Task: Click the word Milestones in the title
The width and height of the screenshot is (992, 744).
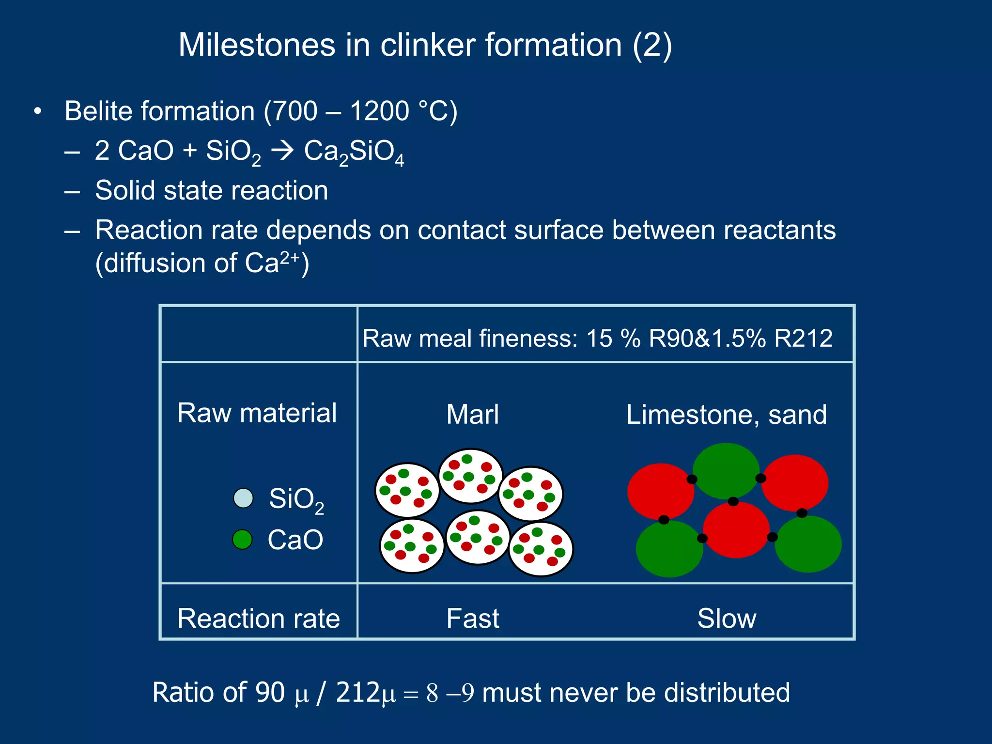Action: pyautogui.click(x=257, y=45)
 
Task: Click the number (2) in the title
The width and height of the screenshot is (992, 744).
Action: pyautogui.click(x=652, y=45)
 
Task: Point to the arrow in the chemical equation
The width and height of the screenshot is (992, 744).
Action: pyautogui.click(x=282, y=151)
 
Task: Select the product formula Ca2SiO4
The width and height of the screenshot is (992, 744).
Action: pyautogui.click(x=354, y=152)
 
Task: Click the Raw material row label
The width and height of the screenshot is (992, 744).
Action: pyautogui.click(x=257, y=413)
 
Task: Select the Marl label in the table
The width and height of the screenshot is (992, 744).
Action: pyautogui.click(x=472, y=415)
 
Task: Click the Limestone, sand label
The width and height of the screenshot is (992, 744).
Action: pyautogui.click(x=726, y=415)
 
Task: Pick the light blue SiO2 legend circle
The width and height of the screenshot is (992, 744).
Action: pyautogui.click(x=243, y=498)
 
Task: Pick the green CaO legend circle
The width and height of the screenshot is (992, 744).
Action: pyautogui.click(x=242, y=539)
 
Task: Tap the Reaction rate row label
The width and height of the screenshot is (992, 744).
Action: pyautogui.click(x=259, y=619)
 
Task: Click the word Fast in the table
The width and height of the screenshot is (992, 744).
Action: pyautogui.click(x=472, y=619)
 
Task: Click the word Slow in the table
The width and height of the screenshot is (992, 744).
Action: pyautogui.click(x=727, y=619)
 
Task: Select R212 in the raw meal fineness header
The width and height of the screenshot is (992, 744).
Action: pyautogui.click(x=803, y=338)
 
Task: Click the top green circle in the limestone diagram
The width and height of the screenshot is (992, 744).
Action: pyautogui.click(x=726, y=470)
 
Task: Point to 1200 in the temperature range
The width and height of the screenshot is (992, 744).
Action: pyautogui.click(x=379, y=111)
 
